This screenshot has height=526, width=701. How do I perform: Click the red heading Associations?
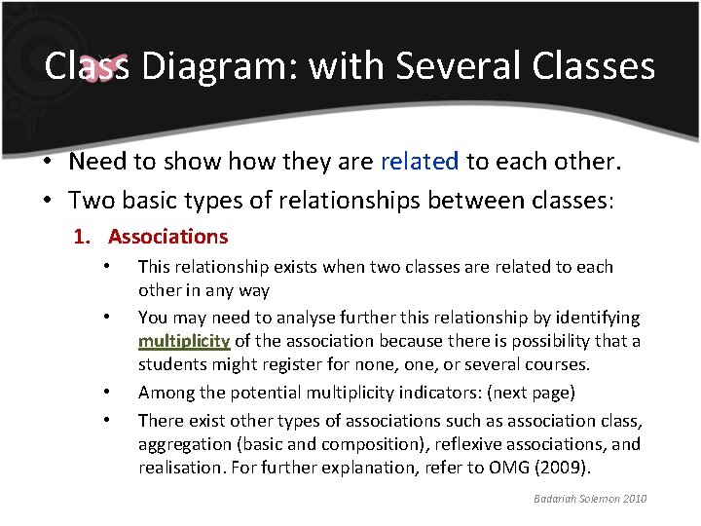pos(167,236)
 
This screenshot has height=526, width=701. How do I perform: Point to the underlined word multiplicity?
pos(184,341)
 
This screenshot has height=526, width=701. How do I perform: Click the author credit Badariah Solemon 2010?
pos(591,499)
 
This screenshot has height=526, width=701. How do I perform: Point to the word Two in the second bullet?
pos(90,200)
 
